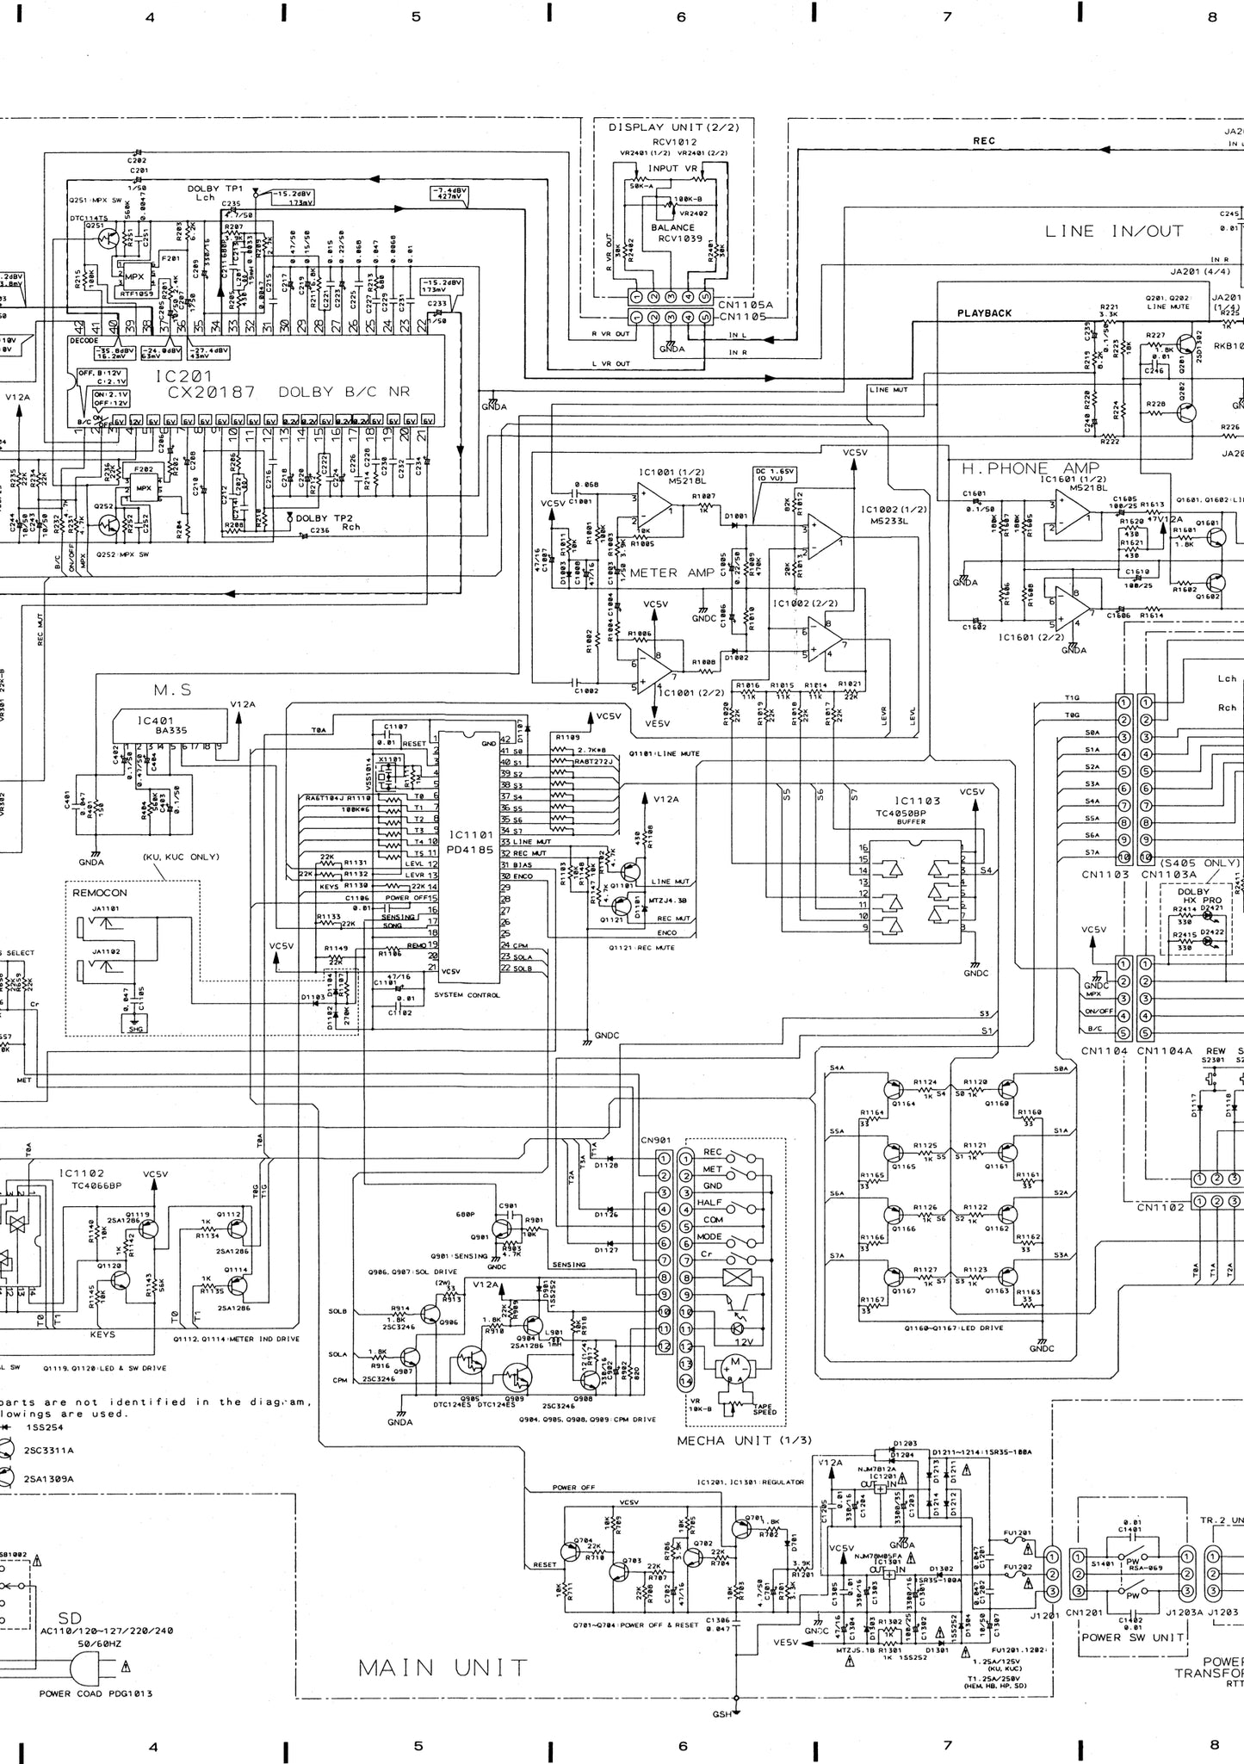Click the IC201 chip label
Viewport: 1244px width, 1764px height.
[183, 376]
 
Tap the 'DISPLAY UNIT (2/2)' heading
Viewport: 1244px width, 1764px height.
[668, 127]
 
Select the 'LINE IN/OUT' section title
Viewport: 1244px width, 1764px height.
[1114, 231]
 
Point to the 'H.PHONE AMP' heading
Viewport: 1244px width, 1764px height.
[1030, 468]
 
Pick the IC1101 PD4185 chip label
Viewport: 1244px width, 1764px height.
[470, 842]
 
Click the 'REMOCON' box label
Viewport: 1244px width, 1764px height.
[99, 893]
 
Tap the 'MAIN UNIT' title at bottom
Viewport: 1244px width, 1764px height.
[443, 1668]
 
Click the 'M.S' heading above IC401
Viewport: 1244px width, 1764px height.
[172, 690]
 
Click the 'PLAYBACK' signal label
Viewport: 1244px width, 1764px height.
[984, 313]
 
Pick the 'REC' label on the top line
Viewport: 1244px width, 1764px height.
[983, 141]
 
